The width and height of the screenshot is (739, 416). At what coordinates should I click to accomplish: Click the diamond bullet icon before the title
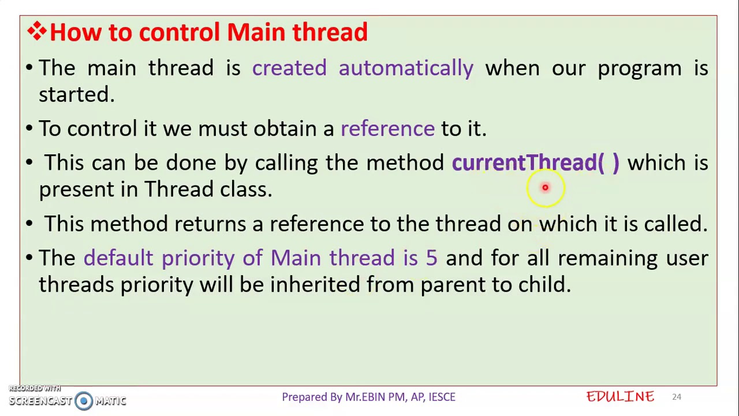coord(36,32)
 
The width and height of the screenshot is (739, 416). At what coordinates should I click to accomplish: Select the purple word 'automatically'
coord(406,68)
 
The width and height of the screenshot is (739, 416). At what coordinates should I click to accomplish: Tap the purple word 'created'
coord(289,68)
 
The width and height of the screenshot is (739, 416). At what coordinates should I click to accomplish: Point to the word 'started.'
coord(76,95)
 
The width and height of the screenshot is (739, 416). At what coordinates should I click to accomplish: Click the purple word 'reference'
coord(387,129)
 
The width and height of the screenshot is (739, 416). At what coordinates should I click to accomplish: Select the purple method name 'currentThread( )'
coord(535,163)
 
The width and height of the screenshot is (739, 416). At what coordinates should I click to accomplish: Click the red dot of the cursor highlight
coord(545,188)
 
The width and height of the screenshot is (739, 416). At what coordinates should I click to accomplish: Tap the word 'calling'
coord(286,164)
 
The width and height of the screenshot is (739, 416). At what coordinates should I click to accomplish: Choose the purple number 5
coord(431,258)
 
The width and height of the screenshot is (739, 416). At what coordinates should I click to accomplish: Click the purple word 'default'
coord(118,258)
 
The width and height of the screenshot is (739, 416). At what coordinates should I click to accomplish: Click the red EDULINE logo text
coord(620,397)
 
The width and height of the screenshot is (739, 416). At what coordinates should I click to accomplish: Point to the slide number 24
coord(676,397)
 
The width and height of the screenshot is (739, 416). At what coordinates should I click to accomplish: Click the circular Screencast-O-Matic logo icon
coord(84,401)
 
